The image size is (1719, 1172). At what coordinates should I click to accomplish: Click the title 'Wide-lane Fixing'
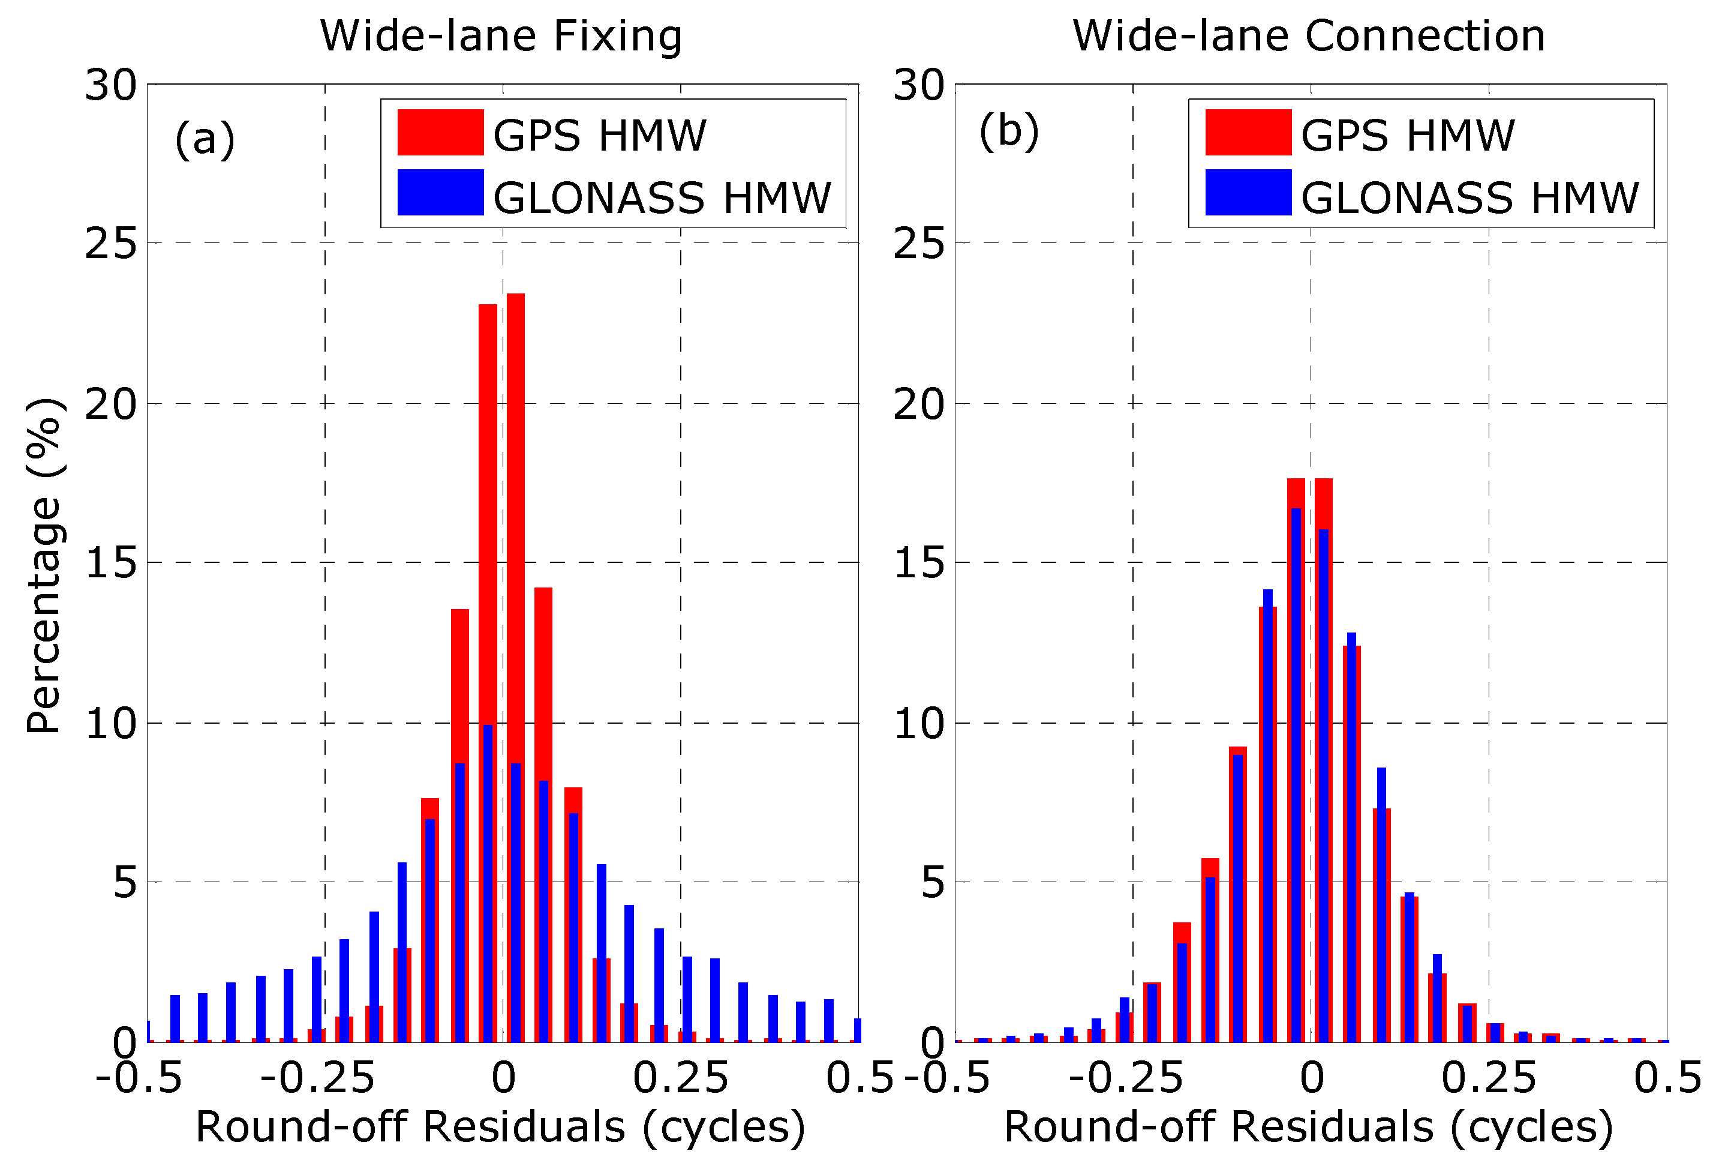(501, 36)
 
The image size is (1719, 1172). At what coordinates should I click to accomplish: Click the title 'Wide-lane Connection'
(1309, 36)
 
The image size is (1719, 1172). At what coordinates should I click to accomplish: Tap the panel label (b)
(1009, 131)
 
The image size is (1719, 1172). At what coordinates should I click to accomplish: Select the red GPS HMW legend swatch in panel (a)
(440, 133)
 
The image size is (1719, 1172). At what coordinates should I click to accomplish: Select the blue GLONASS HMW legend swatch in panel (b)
(1248, 193)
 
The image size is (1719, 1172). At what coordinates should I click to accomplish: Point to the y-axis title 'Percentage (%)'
(44, 565)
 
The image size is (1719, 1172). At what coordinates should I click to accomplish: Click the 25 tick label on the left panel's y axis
(111, 244)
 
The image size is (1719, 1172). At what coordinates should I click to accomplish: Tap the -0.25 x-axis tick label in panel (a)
(317, 1078)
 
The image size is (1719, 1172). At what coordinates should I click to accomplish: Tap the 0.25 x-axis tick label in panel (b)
(1488, 1078)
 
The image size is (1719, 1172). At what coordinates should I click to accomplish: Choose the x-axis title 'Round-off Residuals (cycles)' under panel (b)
(1308, 1127)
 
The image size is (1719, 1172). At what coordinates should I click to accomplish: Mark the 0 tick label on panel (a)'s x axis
(503, 1078)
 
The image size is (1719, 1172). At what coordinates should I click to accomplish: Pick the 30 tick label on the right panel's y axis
(919, 85)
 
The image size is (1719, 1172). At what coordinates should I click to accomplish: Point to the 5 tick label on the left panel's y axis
(124, 883)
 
